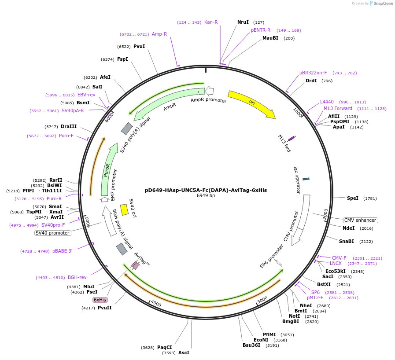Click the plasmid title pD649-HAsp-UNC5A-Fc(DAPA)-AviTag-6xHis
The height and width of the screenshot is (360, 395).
point(206,191)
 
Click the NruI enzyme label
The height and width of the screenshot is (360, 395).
point(243,22)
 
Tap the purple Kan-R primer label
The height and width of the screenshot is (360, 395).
point(211,22)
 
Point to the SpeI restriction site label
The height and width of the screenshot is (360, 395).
point(353,198)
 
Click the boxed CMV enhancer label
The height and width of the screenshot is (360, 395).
point(361,220)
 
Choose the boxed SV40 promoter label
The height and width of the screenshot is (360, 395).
point(52,233)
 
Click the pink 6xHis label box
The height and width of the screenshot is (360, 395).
point(100,300)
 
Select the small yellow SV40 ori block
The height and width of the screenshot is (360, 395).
point(125,209)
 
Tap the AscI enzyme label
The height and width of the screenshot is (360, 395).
point(184,353)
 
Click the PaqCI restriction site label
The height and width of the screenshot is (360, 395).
point(164,347)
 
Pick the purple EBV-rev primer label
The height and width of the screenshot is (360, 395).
point(86,95)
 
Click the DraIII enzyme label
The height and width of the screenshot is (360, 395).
point(69,126)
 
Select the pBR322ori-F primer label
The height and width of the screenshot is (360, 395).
point(313,73)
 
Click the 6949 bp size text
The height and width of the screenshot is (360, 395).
point(206,196)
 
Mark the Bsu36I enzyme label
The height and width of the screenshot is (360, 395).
point(251,345)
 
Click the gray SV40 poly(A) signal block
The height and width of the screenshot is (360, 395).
point(127,129)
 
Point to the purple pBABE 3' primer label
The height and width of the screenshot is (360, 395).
point(62,251)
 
